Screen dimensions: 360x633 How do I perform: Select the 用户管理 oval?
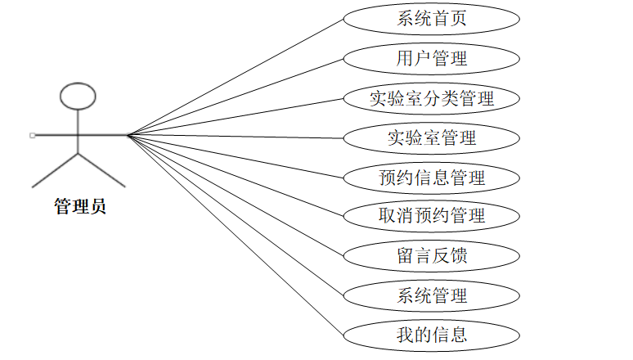tap(431, 59)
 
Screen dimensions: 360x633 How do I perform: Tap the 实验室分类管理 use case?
tap(431, 99)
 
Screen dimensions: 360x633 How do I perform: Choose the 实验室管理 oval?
tap(431, 138)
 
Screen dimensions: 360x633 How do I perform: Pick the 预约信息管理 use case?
tap(431, 178)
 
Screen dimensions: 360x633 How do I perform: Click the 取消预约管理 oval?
tap(431, 216)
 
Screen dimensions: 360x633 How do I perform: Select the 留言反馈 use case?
tap(431, 255)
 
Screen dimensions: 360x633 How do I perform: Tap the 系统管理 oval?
tap(431, 295)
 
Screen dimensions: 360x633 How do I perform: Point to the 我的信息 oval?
tap(431, 334)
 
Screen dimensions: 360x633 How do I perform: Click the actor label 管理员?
tap(79, 207)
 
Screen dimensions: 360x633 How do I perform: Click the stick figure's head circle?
tap(79, 95)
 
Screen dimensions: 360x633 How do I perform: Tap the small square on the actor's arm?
tap(32, 135)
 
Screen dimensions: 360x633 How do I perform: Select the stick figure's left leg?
tap(55, 169)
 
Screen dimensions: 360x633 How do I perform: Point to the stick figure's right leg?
tap(102, 169)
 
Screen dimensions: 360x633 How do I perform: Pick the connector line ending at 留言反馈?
tap(237, 196)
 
